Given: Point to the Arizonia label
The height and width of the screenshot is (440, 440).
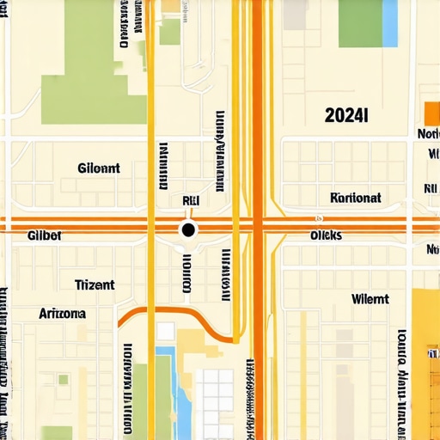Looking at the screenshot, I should point(62,314).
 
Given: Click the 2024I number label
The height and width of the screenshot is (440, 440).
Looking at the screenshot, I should point(346,115).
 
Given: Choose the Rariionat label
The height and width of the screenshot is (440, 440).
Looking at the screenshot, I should point(355,197).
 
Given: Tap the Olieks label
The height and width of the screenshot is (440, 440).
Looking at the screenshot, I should point(326,235).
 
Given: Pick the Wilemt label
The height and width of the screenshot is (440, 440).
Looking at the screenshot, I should point(370,300).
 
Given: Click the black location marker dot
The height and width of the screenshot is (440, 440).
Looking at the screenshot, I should point(188,229).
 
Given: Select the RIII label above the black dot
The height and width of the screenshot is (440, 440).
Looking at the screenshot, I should point(192,200).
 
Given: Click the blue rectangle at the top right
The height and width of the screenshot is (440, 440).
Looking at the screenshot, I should point(389,23).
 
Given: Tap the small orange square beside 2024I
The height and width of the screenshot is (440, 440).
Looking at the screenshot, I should point(431,113).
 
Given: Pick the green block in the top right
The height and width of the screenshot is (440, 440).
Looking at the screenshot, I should point(360,23).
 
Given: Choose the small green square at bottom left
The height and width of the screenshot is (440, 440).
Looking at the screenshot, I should point(63,379).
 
